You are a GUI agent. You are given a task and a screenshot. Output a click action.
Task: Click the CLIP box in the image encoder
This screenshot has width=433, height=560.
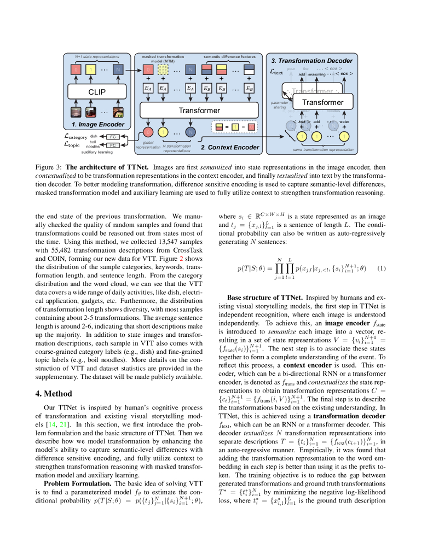coord(97,92)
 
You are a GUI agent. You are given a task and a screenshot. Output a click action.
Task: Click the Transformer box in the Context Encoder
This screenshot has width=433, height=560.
coord(199,110)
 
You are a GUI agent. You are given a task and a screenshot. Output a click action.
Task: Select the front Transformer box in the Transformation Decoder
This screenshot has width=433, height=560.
coord(322,102)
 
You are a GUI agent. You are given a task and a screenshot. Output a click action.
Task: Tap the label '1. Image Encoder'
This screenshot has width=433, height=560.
coord(98,125)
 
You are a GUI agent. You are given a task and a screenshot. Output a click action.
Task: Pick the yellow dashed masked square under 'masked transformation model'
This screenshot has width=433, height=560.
coord(163,69)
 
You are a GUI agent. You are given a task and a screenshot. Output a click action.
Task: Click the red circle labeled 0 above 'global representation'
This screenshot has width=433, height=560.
coord(148,132)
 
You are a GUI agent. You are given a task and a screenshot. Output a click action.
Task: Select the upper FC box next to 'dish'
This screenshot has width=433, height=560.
coord(112,136)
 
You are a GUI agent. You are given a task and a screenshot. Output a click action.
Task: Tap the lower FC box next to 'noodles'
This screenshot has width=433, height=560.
coord(112,145)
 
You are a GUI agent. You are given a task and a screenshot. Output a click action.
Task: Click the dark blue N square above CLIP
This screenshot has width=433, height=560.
coord(118,69)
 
